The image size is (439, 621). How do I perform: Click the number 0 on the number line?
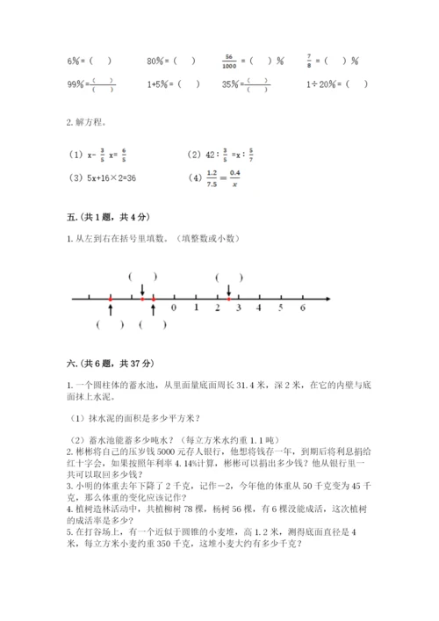point(174,309)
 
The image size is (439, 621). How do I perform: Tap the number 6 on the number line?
point(303,309)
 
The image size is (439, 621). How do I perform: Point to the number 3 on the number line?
point(238,309)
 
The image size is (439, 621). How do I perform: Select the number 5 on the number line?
point(281,309)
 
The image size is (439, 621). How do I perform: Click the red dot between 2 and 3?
point(228,299)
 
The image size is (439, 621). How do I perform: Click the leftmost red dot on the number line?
point(110,299)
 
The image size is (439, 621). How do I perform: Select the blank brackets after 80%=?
point(184,61)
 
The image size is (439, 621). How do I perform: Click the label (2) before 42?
point(194,155)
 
